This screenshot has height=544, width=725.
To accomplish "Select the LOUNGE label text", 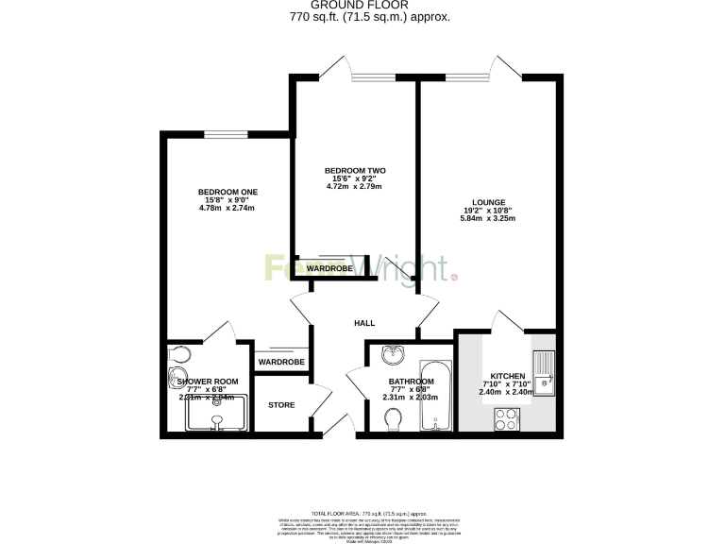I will [x=489, y=202].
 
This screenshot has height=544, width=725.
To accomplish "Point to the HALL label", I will [x=364, y=323].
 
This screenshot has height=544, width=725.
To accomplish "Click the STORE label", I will [x=281, y=405].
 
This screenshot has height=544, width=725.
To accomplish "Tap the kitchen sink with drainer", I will [x=544, y=373].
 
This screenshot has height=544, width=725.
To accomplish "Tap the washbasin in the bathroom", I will [x=393, y=356].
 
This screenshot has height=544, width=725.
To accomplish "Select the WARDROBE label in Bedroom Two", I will [x=329, y=269].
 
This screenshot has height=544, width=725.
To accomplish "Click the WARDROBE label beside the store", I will [x=281, y=362].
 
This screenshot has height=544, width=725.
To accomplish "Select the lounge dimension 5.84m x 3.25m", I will [x=489, y=218].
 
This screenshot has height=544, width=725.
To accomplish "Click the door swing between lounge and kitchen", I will [x=507, y=323].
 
